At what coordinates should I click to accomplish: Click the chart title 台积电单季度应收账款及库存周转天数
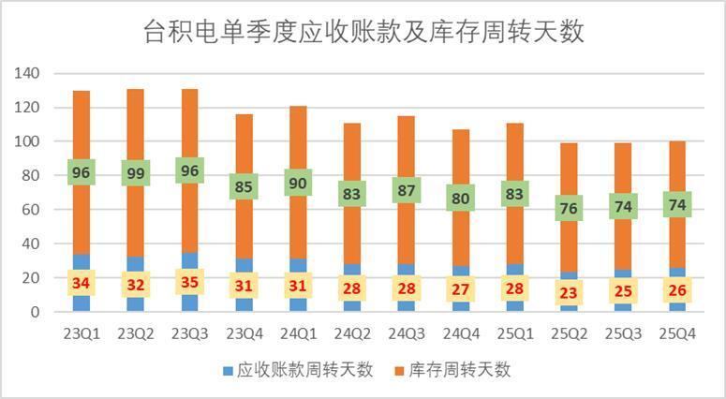363,32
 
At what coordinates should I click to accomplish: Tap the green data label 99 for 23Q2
136,172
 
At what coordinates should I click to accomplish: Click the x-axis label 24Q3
406,333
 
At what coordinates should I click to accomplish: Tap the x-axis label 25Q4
676,333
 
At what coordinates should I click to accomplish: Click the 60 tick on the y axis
32,210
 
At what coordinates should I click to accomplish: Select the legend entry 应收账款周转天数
297,370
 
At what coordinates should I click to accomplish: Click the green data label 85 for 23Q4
244,186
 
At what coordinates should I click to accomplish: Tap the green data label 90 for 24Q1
298,182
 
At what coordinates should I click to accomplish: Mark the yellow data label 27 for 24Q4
460,288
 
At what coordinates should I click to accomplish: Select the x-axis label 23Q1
81,333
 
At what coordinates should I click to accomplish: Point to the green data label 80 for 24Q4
460,198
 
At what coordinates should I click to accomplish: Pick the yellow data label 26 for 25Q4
676,290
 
